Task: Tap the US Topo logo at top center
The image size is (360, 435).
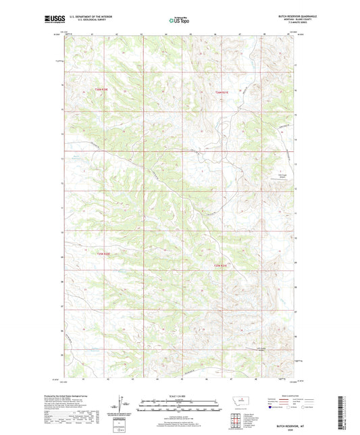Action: [x=177, y=21]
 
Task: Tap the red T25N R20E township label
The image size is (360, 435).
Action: [x=102, y=254]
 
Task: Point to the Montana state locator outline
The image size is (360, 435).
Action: [x=240, y=401]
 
